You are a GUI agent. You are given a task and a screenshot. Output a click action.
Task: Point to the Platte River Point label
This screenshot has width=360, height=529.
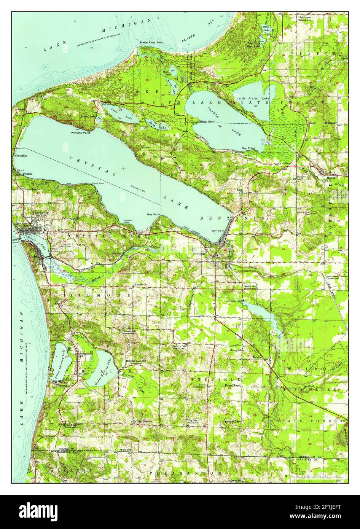click(x=151, y=43)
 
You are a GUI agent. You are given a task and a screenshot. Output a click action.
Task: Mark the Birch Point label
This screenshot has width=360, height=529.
click(x=207, y=121)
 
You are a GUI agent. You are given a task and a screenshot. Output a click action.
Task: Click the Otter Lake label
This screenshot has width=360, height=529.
click(x=266, y=28)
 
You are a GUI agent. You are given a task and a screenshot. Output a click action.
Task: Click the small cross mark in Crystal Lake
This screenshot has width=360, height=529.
click(x=124, y=168)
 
